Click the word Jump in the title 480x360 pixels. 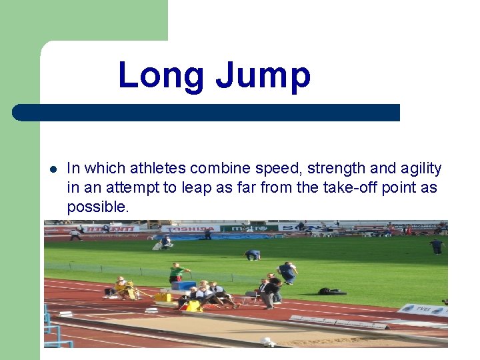click(263, 75)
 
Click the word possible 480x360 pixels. click(97, 207)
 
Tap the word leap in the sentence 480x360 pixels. click(196, 188)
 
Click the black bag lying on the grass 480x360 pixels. click(331, 291)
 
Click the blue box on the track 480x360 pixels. click(183, 285)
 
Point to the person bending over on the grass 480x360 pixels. click(252, 255)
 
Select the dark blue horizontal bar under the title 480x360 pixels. click(207, 113)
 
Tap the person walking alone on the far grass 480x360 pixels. click(437, 246)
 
